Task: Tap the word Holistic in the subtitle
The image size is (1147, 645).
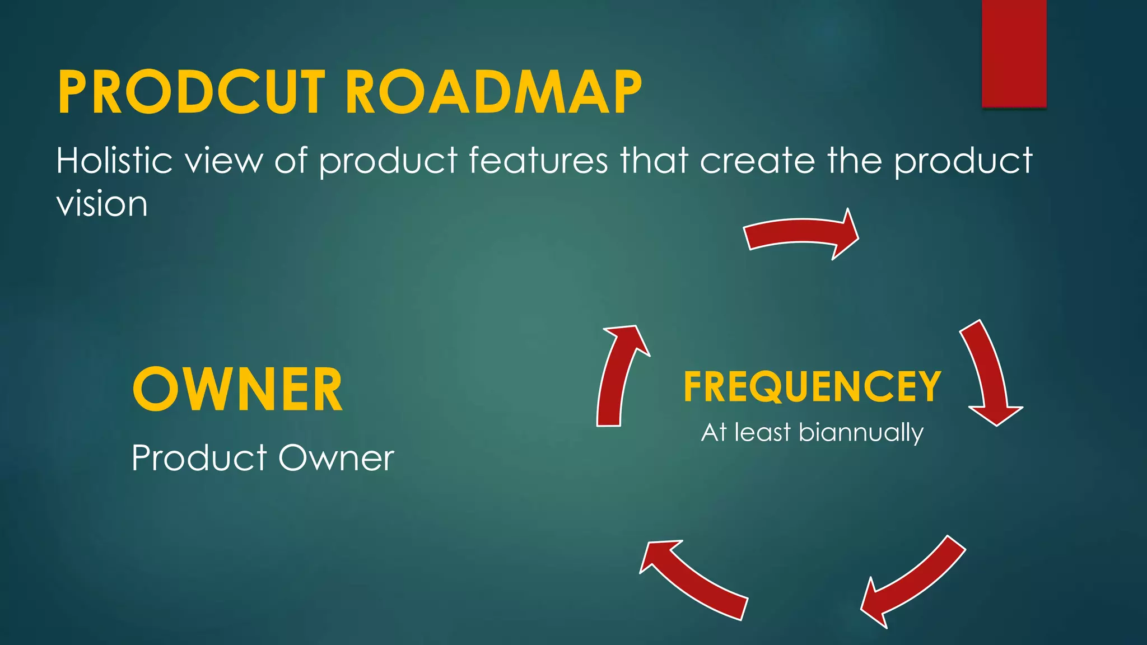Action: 114,161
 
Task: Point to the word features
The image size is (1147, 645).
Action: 538,161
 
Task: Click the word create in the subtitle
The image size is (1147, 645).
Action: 758,161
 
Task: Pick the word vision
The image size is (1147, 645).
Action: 102,204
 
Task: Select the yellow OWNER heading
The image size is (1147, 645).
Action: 237,390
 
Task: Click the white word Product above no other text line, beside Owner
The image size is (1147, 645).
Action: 199,458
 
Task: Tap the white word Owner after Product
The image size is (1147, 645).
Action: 336,458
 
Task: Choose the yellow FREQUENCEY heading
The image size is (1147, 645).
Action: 812,387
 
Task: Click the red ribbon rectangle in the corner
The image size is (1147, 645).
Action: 1014,53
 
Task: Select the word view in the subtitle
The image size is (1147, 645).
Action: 223,161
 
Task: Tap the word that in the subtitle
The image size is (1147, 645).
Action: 654,161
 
